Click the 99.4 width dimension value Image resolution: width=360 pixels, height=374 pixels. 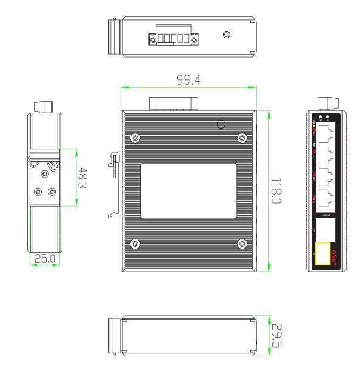[x=188, y=78]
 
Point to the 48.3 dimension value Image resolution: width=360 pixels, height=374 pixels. [x=83, y=178]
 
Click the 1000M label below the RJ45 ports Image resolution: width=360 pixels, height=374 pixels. [x=326, y=214]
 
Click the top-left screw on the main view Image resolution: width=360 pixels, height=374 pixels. [x=135, y=138]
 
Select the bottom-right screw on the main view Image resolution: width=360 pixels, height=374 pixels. [x=242, y=244]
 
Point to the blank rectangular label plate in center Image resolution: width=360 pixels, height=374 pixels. [x=188, y=190]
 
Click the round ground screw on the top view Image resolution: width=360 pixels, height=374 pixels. [x=227, y=35]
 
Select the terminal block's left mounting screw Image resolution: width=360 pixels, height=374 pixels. [x=152, y=40]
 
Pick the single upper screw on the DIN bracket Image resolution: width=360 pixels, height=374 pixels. [x=45, y=175]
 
